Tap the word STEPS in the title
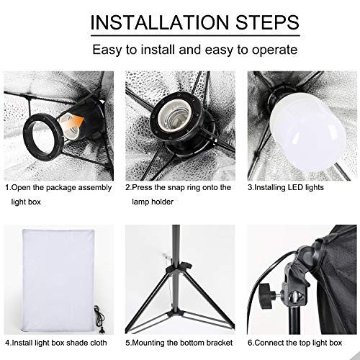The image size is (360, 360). (267, 22)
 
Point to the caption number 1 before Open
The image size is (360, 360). (8, 187)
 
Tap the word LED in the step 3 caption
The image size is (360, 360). (297, 187)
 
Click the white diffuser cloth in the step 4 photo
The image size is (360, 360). (59, 279)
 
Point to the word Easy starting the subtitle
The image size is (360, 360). (107, 50)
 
